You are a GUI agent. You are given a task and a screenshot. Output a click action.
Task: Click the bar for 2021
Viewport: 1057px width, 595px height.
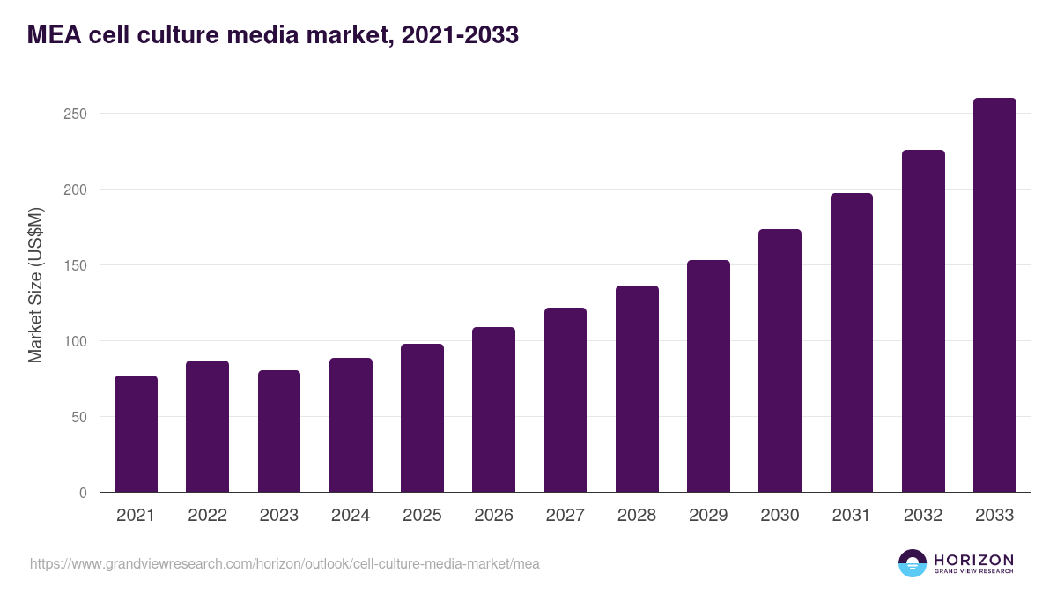click(x=136, y=434)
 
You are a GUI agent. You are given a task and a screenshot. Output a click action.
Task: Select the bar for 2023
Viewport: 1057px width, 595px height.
click(x=279, y=431)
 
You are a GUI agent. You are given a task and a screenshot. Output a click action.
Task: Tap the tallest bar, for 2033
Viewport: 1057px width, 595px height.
click(x=994, y=295)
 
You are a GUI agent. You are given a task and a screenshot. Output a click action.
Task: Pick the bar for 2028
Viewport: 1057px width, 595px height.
click(x=637, y=389)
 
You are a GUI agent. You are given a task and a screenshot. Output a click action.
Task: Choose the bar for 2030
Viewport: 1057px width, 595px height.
click(x=780, y=361)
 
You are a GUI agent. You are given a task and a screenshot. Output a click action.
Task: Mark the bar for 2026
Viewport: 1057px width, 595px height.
click(x=493, y=410)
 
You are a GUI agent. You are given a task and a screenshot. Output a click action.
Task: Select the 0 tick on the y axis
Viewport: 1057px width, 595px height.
click(x=83, y=493)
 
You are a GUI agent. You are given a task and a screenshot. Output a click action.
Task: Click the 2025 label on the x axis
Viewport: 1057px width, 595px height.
click(x=422, y=516)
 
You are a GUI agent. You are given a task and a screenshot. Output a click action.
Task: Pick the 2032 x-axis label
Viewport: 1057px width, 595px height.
click(x=923, y=516)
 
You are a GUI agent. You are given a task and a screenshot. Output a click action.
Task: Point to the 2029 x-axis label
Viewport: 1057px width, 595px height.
click(x=708, y=516)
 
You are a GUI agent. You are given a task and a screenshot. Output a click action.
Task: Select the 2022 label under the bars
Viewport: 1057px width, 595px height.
click(x=207, y=516)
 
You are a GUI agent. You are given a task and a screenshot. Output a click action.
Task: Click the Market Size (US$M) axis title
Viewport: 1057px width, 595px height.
click(x=35, y=285)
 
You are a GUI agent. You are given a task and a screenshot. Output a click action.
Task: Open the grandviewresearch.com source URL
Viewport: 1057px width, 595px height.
click(x=285, y=563)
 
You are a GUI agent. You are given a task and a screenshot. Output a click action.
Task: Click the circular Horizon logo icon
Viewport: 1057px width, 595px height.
click(x=913, y=563)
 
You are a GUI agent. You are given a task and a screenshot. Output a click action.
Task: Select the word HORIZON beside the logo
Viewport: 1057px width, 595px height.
click(x=973, y=559)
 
